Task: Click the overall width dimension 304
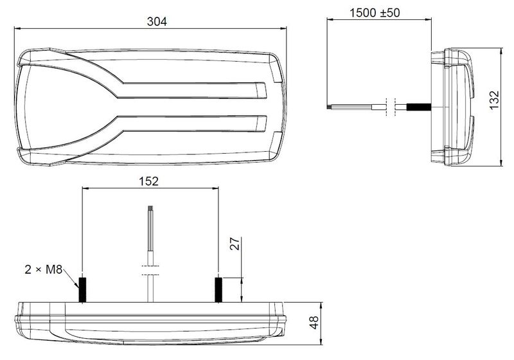[157, 21]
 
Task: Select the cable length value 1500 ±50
[375, 13]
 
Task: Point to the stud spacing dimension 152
[149, 181]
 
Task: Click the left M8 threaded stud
[82, 289]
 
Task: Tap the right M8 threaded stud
[218, 289]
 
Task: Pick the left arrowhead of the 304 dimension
[17, 28]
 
